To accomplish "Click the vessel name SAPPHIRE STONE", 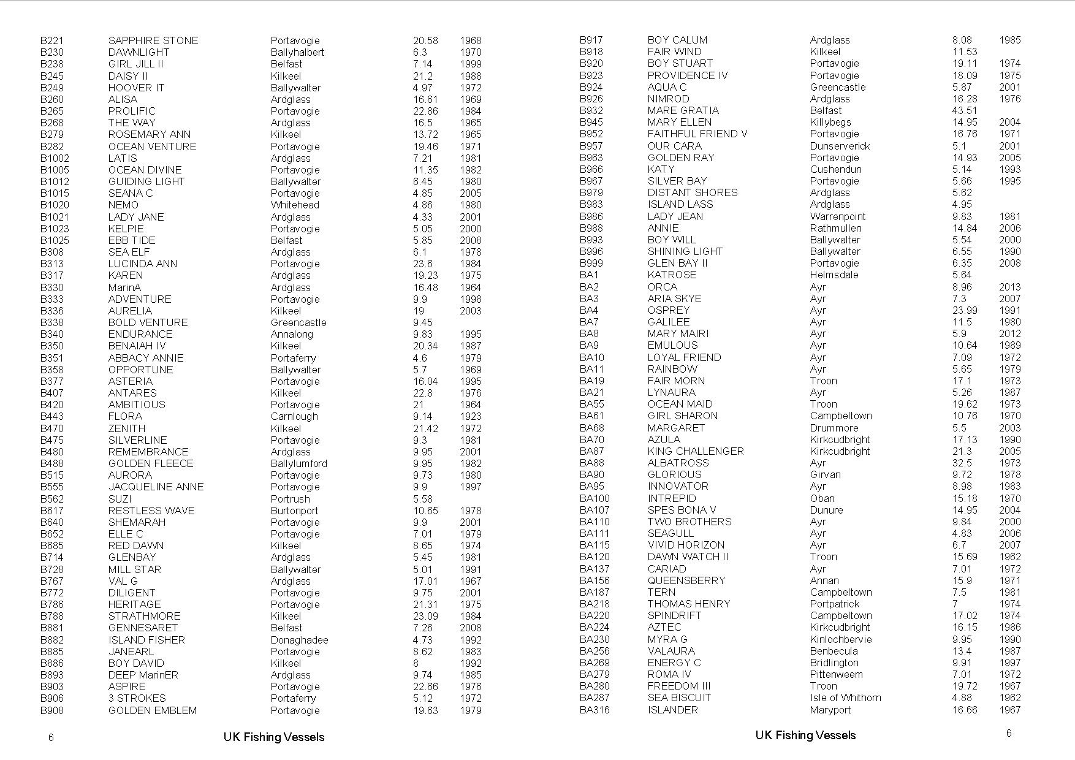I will click(x=153, y=40).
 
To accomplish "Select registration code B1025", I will click(x=55, y=240).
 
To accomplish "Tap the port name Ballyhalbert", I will click(x=297, y=52).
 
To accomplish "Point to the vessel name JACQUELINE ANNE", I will click(x=156, y=487).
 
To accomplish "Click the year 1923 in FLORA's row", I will click(x=470, y=416).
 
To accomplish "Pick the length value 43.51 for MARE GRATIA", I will click(x=964, y=110).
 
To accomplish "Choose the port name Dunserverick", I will click(x=840, y=146).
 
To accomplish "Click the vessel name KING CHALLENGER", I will click(x=695, y=451).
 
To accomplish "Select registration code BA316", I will click(x=594, y=710).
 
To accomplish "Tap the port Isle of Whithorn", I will click(x=845, y=697).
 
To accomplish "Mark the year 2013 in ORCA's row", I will click(x=1009, y=287).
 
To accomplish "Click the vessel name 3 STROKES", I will click(x=137, y=698).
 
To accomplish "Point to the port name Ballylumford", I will click(x=298, y=463).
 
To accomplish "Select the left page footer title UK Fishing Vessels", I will click(x=273, y=737).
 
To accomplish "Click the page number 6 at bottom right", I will click(x=1009, y=733).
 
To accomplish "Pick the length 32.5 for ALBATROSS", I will click(x=962, y=463).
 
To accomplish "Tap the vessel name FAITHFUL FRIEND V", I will click(x=697, y=134).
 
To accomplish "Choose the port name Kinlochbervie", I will click(x=840, y=639).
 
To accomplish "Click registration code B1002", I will click(x=55, y=158).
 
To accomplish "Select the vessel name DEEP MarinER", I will click(x=143, y=675).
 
